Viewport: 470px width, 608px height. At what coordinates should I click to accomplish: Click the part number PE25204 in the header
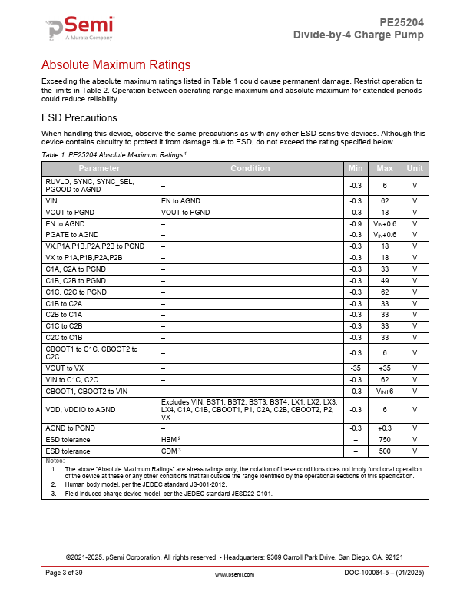pyautogui.click(x=402, y=23)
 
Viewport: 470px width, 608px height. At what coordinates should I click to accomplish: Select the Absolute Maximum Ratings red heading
pyautogui.click(x=115, y=64)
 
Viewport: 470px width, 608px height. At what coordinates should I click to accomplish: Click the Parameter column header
pyautogui.click(x=99, y=168)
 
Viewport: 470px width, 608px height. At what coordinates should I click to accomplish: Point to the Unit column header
pyautogui.click(x=415, y=168)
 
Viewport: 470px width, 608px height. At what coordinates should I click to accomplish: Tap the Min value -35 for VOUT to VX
pyautogui.click(x=356, y=368)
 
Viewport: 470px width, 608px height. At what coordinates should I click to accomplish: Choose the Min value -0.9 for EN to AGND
pyautogui.click(x=356, y=223)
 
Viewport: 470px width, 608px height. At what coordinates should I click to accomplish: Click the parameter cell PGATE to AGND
pyautogui.click(x=72, y=235)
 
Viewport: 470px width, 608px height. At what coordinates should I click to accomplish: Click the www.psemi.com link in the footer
pyautogui.click(x=234, y=574)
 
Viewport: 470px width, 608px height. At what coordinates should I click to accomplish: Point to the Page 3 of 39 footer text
pyautogui.click(x=66, y=573)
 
